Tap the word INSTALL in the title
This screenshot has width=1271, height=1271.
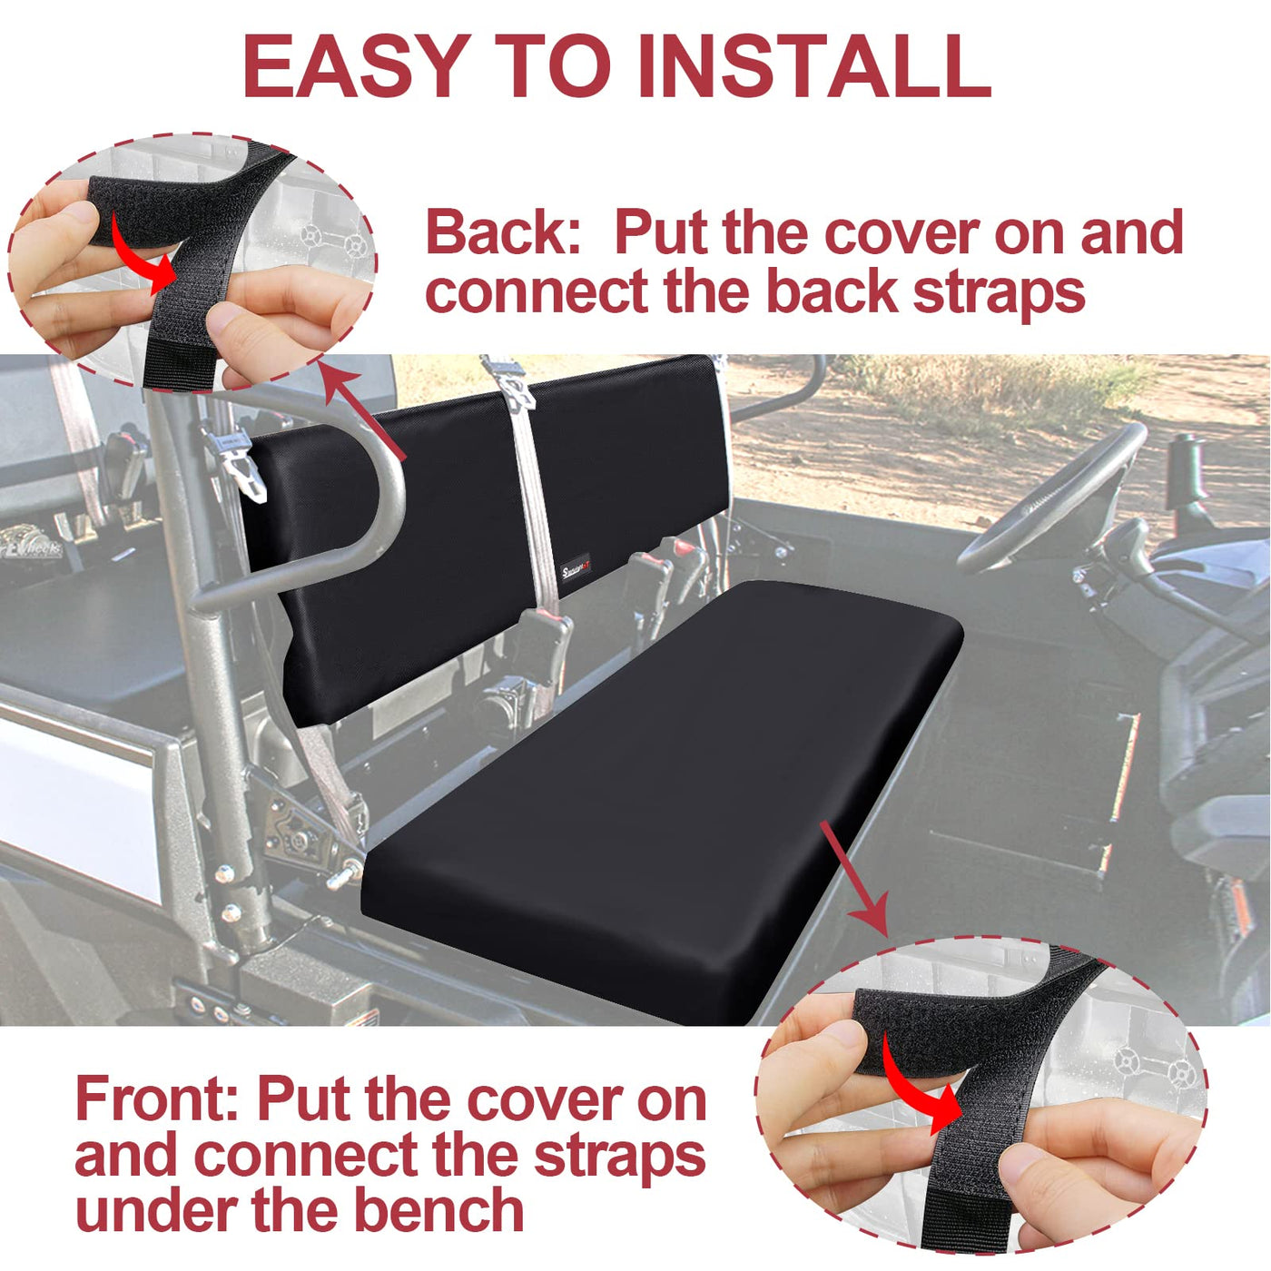click(814, 65)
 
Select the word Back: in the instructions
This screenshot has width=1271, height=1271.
click(504, 232)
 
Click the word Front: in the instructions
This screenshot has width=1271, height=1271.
click(157, 1099)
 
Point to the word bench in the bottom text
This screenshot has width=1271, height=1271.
click(439, 1210)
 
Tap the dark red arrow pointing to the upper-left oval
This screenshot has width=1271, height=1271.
click(362, 412)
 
